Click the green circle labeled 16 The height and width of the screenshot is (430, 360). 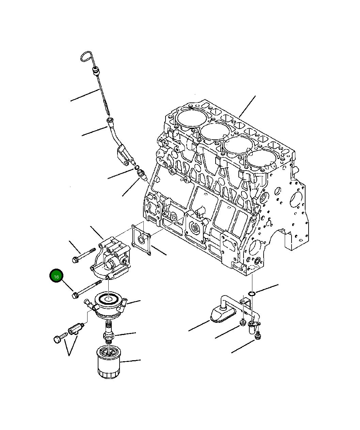[x=56, y=275]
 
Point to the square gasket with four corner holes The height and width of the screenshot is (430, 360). [x=141, y=239]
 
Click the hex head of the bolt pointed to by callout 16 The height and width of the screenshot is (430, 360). [x=75, y=296]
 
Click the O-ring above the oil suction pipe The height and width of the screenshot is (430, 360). [x=252, y=293]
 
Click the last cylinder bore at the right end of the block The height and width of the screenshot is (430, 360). [x=262, y=159]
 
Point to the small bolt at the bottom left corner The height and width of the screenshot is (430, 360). [x=60, y=338]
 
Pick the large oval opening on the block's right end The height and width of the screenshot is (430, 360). [x=296, y=200]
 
